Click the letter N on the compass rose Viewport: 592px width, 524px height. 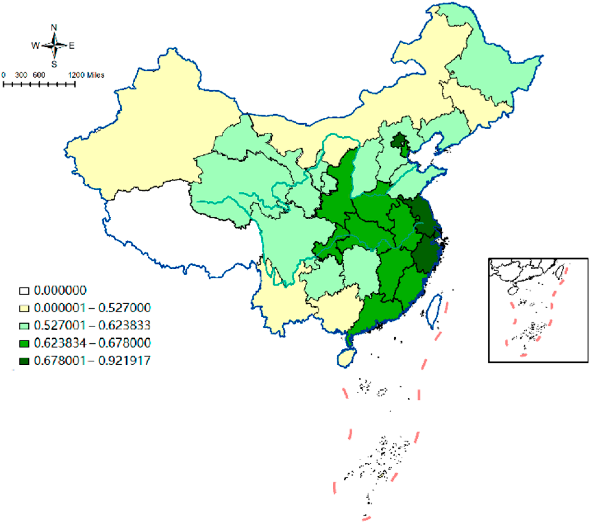coord(54,28)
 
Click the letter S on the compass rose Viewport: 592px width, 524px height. coord(54,64)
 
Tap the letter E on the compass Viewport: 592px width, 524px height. coord(72,46)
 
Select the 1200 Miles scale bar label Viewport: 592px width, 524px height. coord(86,75)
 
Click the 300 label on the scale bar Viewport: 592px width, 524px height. coord(21,75)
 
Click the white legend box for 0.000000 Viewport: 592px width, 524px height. coord(24,291)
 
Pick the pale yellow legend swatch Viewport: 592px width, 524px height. coord(24,308)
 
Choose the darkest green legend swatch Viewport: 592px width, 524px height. coord(24,361)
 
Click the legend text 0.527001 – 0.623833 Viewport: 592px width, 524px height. coord(92,325)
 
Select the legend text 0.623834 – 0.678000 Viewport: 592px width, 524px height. coord(92,343)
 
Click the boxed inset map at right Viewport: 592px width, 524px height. coord(538,310)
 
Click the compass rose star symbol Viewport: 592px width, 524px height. coord(55,46)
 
